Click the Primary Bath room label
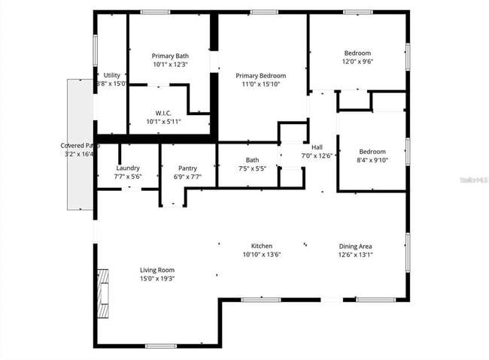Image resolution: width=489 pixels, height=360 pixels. click(170, 56)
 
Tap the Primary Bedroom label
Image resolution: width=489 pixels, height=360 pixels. click(261, 76)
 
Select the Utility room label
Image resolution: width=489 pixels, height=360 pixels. click(112, 75)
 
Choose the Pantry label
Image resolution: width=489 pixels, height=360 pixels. click(187, 168)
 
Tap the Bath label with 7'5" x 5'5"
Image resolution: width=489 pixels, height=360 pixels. click(252, 160)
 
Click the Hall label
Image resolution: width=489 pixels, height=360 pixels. click(317, 147)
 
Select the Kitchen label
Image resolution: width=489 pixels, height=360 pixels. click(262, 246)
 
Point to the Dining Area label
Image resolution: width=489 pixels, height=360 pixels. click(356, 246)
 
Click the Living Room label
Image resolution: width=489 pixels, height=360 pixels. click(157, 270)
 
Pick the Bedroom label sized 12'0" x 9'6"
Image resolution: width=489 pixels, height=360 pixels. click(357, 53)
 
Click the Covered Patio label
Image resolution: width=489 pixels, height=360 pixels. click(80, 145)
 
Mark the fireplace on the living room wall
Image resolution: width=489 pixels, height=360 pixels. click(103, 286)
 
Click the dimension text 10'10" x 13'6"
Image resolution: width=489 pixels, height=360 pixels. click(262, 255)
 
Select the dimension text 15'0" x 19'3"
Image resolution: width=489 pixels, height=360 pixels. click(157, 279)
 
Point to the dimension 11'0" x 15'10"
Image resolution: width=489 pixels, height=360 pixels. click(261, 85)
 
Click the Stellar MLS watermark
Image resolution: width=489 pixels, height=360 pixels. click(473, 181)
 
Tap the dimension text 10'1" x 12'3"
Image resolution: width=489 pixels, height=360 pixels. click(170, 65)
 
